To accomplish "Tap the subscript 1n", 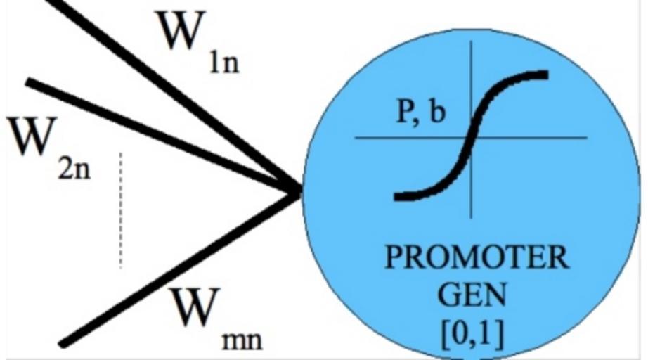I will coord(223,65).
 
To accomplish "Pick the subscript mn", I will coord(241,341).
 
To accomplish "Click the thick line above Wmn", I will coord(176,267).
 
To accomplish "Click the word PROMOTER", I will coord(476,259).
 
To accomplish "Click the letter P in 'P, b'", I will coord(405,112).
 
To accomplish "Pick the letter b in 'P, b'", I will coord(437,112).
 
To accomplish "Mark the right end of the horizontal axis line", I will coord(585,138).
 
